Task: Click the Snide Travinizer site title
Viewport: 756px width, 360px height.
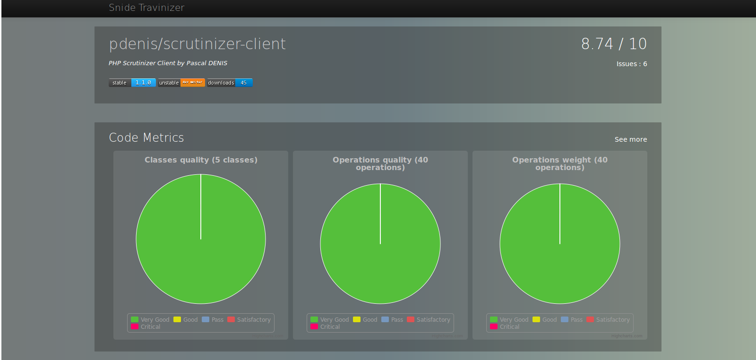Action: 146,8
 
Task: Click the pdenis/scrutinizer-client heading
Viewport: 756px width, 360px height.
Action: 197,44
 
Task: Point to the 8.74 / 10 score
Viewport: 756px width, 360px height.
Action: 614,44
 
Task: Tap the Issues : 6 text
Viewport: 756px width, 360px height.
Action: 631,64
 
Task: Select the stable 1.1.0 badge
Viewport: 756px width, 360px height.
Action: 132,83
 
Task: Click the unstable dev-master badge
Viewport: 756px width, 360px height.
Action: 181,83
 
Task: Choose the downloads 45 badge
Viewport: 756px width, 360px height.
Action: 230,83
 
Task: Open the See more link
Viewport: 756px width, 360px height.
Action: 630,139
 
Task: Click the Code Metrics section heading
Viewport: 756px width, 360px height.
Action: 146,137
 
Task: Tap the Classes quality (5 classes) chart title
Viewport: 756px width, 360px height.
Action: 201,160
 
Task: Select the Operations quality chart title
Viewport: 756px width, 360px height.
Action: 380,163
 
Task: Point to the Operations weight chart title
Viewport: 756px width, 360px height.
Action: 560,163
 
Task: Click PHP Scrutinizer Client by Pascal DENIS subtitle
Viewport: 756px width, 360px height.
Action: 168,63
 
